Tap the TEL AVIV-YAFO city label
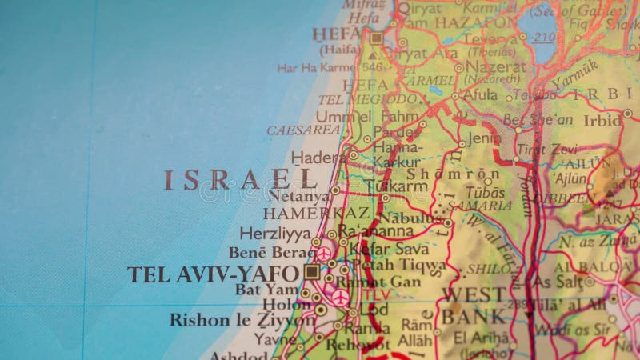(212, 274)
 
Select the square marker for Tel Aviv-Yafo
(312, 272)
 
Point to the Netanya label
(298, 195)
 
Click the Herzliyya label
(274, 233)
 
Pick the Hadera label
(318, 158)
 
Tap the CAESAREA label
(303, 130)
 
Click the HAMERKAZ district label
(317, 214)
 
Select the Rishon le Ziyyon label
(242, 320)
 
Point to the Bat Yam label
(266, 289)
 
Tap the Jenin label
(484, 138)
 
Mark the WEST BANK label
(474, 305)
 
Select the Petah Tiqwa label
(399, 265)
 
